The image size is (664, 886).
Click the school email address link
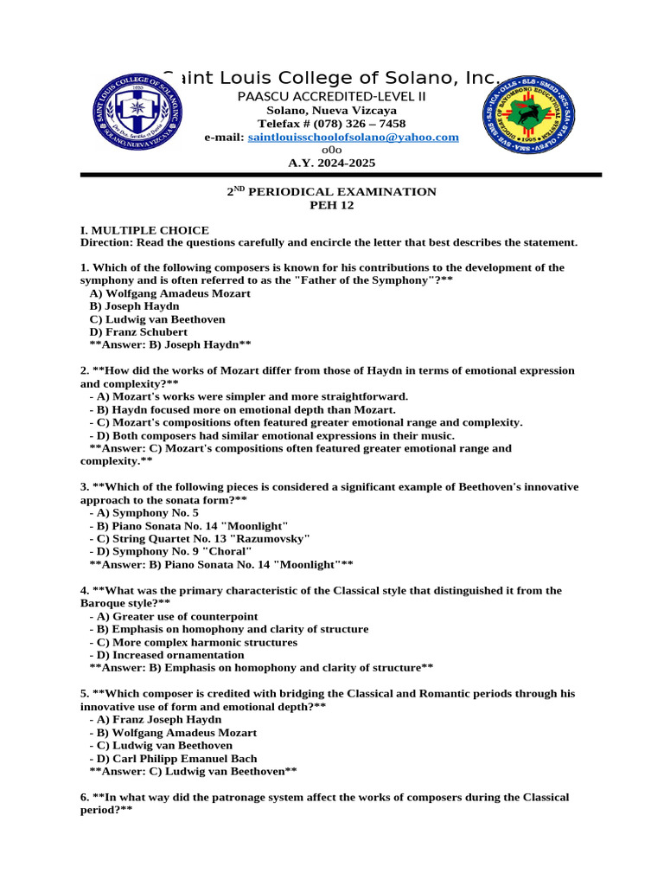pyautogui.click(x=353, y=138)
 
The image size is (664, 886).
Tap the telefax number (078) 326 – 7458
pyautogui.click(x=331, y=124)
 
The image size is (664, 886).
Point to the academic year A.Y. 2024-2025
pyautogui.click(x=332, y=163)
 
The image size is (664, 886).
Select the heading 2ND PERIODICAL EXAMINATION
pyautogui.click(x=331, y=192)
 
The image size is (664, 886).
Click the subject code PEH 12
pyautogui.click(x=332, y=205)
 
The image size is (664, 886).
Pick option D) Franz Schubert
pyautogui.click(x=138, y=331)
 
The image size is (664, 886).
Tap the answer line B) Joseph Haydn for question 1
pyautogui.click(x=170, y=344)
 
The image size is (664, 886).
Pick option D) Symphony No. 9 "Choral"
pyautogui.click(x=170, y=551)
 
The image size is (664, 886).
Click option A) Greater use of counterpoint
pyautogui.click(x=173, y=616)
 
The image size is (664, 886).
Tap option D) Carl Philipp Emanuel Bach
pyautogui.click(x=173, y=758)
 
